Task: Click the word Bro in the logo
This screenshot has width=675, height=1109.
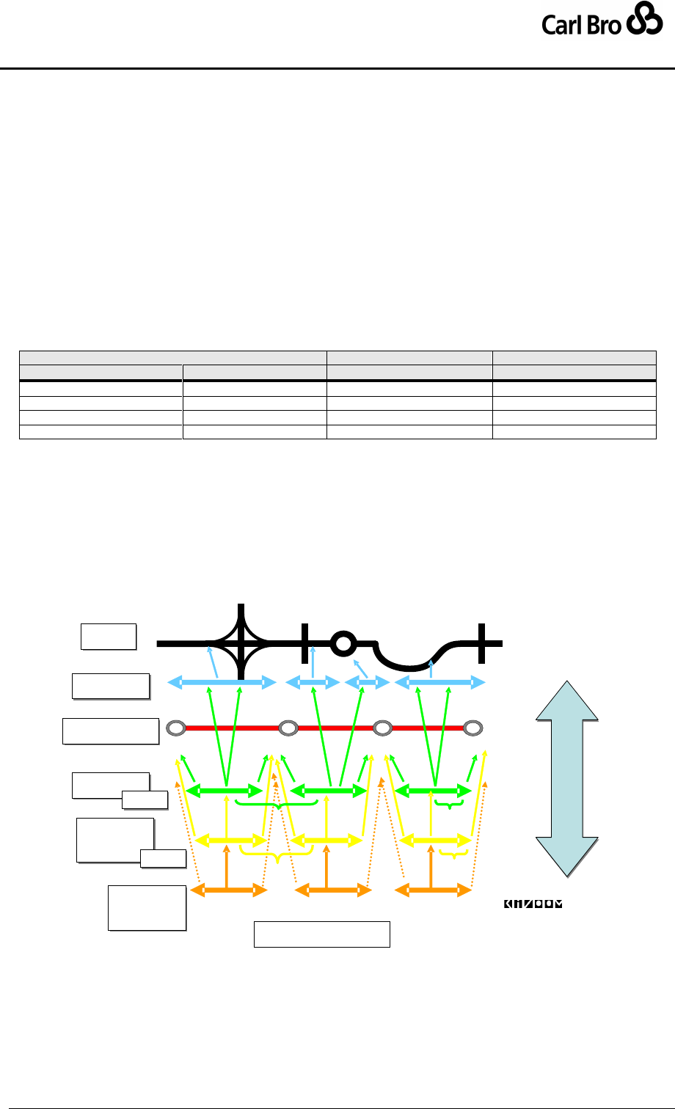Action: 604,26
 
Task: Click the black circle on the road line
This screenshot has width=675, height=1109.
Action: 340,644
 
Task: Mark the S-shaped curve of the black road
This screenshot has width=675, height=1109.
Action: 411,656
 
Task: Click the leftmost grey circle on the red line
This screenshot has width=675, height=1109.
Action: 175,728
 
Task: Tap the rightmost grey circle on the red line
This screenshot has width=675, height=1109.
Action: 474,728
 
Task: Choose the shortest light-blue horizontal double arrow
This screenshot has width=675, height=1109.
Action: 365,683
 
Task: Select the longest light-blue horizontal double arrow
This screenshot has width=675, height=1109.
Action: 222,683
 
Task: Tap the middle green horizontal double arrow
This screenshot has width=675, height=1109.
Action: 329,791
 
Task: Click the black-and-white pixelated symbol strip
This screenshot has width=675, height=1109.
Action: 532,904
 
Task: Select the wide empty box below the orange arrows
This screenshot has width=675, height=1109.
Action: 321,934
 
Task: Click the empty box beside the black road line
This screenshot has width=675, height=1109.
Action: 109,636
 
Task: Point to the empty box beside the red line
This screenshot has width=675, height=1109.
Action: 111,731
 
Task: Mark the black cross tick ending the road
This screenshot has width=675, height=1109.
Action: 481,643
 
